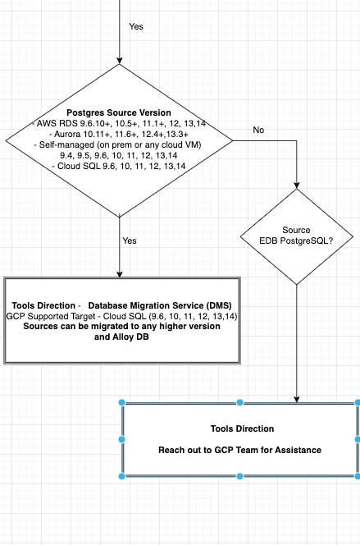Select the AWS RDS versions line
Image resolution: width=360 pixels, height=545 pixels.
[120, 122]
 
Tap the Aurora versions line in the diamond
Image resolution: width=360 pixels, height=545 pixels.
[120, 133]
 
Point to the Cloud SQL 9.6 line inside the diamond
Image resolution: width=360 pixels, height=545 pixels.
[120, 166]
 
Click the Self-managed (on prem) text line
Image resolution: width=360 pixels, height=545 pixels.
[120, 144]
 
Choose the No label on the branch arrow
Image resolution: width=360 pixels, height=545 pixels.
[259, 130]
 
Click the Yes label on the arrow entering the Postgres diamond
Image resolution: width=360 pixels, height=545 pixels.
[136, 26]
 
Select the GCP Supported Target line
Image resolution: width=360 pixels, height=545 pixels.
[121, 315]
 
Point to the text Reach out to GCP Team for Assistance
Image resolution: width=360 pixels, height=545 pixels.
[240, 451]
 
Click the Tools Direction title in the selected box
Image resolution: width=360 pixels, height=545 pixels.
[240, 429]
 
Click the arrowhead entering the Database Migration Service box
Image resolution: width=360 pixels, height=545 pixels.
[120, 273]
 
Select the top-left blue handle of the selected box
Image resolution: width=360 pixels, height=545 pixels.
[122, 403]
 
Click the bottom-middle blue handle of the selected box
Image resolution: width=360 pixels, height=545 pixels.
[240, 476]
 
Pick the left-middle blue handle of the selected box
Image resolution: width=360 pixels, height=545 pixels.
[122, 439]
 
